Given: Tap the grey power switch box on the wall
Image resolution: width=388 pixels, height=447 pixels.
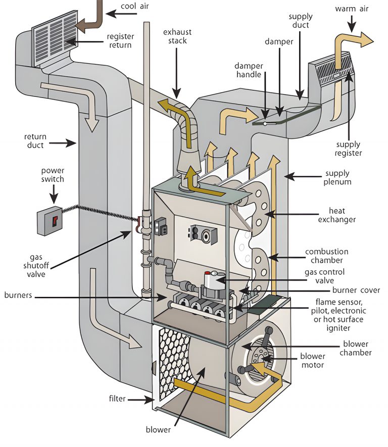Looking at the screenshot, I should coord(50,220).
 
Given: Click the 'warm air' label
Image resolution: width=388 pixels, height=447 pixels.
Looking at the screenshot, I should coord(353,9).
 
